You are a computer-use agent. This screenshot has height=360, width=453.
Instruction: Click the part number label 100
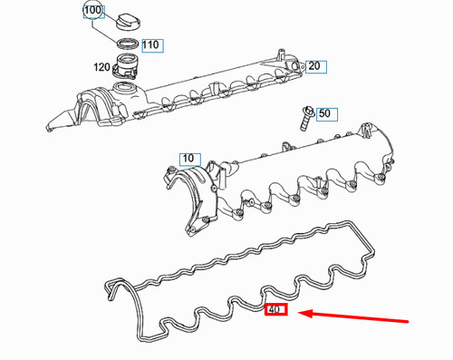pyautogui.click(x=93, y=11)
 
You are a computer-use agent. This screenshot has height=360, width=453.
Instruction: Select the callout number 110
pyautogui.click(x=150, y=44)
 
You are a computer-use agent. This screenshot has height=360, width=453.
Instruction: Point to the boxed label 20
pyautogui.click(x=313, y=66)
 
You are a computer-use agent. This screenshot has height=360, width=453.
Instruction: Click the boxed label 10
pyautogui.click(x=188, y=159)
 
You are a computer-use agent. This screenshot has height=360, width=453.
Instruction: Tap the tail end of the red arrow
pyautogui.click(x=410, y=321)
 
